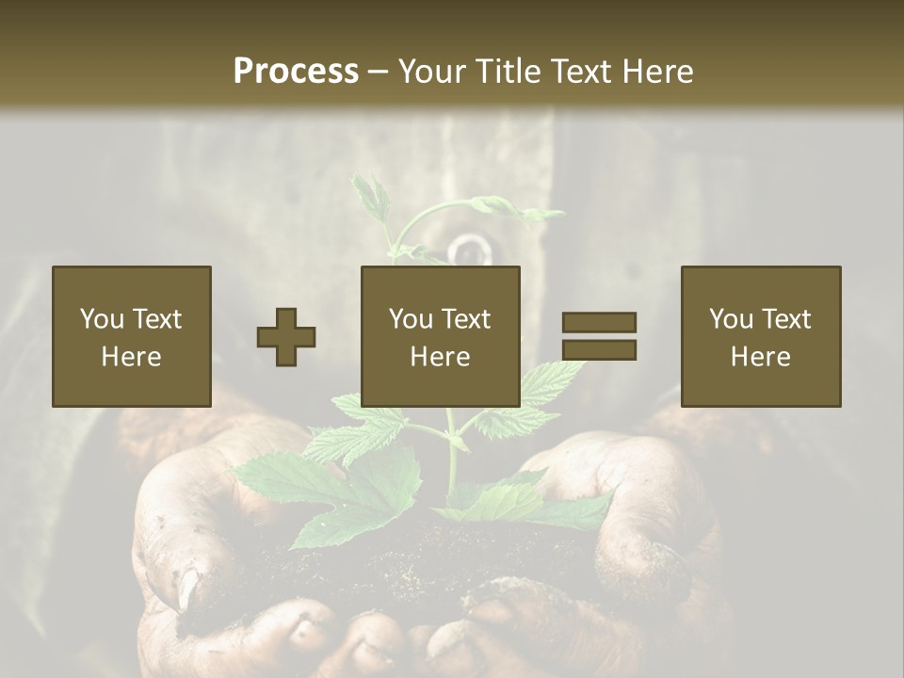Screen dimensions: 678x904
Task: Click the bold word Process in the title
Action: pos(296,72)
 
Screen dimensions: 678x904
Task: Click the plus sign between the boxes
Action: pos(286,337)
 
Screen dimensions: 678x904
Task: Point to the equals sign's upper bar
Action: pos(599,322)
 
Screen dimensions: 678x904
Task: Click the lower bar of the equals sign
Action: pos(599,350)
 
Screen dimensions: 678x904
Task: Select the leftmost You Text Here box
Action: pos(131,336)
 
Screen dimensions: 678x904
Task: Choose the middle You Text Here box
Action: pos(441,336)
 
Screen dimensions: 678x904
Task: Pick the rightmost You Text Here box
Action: pos(761,336)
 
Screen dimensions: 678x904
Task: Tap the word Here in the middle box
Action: pos(441,357)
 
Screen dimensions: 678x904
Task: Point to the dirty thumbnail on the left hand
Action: pos(187,588)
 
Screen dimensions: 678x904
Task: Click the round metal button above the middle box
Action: pos(469,250)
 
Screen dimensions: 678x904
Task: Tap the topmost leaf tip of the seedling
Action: pos(367,184)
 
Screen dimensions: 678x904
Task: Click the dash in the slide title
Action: pos(379,72)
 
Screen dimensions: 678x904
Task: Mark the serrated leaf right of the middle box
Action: pos(551,386)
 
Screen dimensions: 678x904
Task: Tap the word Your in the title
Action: pos(434,72)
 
